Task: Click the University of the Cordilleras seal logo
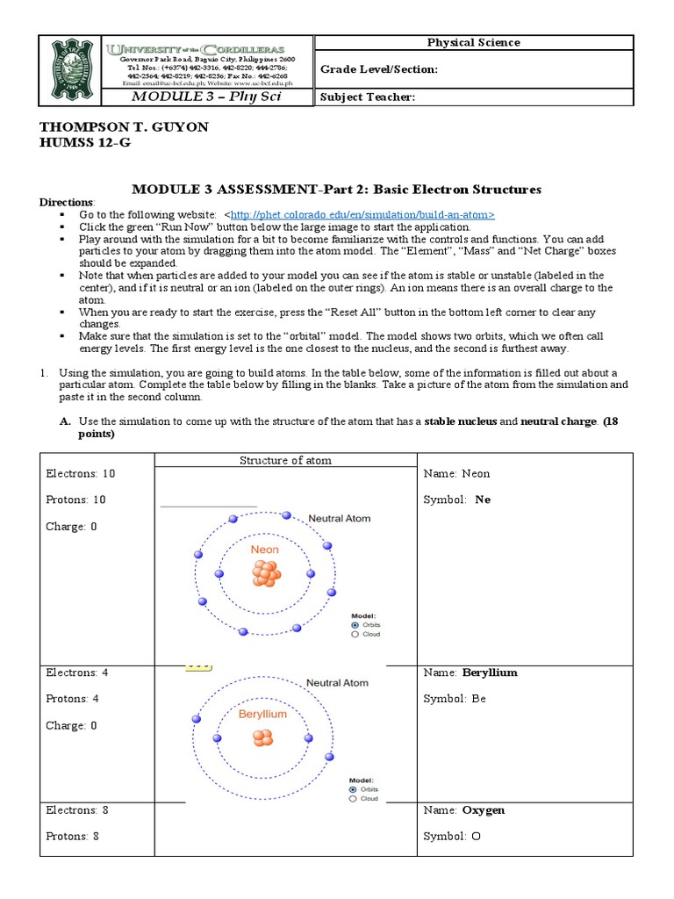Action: pos(71,70)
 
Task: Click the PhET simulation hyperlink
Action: pos(362,214)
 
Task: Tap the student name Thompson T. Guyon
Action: pos(124,127)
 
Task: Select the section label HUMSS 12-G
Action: pos(84,143)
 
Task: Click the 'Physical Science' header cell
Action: pos(473,42)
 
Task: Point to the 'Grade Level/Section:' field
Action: pos(378,69)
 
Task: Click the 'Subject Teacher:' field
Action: pos(366,97)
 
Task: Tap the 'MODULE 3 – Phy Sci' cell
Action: pos(205,97)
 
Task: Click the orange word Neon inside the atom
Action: pos(264,550)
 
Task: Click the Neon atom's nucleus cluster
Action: pos(265,574)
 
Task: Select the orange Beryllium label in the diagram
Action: pos(262,715)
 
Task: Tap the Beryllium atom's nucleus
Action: pos(262,737)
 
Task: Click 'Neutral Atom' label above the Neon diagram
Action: pos(339,519)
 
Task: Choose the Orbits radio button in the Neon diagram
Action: pos(355,625)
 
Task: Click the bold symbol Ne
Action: pos(483,500)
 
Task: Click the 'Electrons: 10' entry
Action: pos(80,474)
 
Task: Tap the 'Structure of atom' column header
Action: pos(285,460)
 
